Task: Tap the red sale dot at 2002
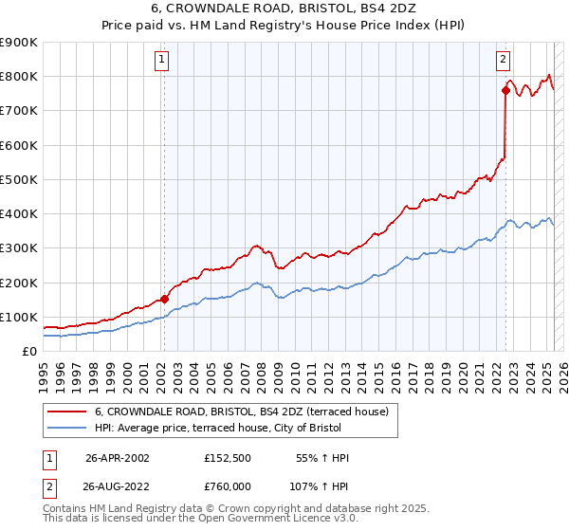[x=164, y=299]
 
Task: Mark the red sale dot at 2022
[x=505, y=90]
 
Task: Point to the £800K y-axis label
[x=19, y=76]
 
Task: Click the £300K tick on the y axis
[x=19, y=248]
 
